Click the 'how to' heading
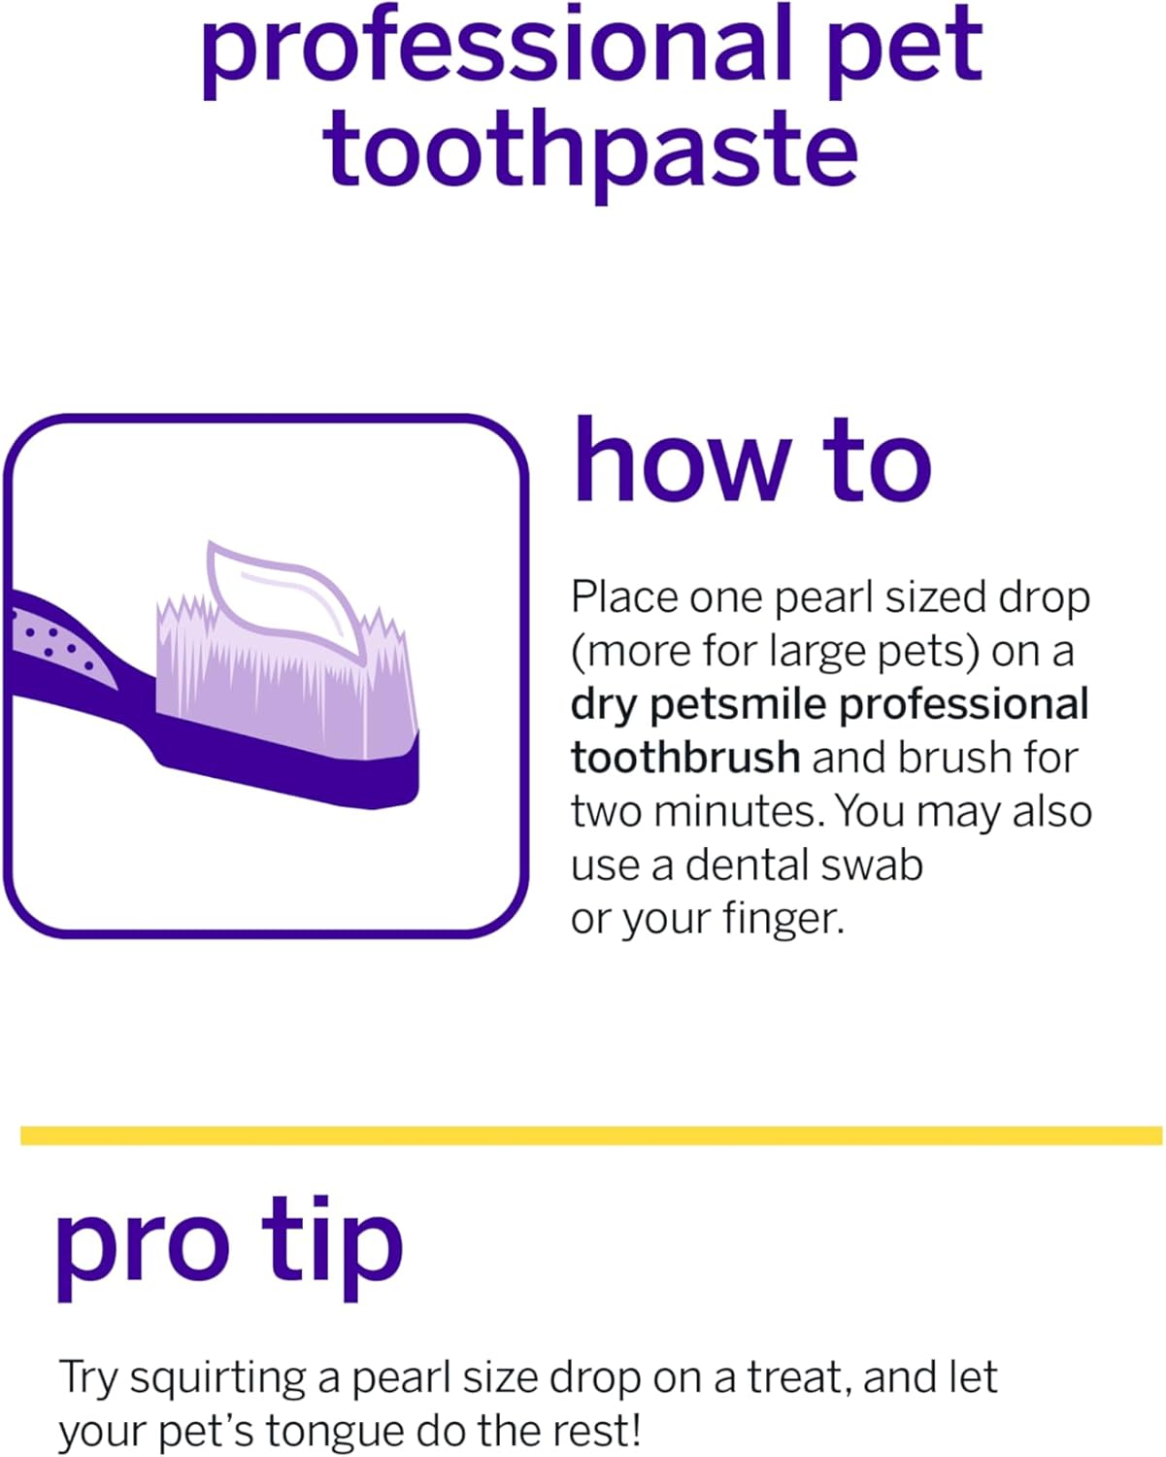(x=751, y=462)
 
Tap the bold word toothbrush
(x=684, y=758)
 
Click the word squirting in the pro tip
(x=233, y=1377)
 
